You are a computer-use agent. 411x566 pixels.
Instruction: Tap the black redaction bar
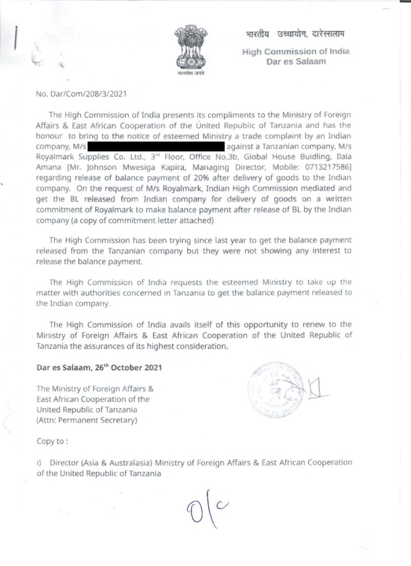coord(155,146)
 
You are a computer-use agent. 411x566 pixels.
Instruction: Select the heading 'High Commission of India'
coord(296,51)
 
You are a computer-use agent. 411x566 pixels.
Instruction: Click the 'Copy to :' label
coord(53,442)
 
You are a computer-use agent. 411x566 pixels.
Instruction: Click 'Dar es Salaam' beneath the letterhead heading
coord(296,61)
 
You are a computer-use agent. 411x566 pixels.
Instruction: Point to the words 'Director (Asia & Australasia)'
coord(101,463)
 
